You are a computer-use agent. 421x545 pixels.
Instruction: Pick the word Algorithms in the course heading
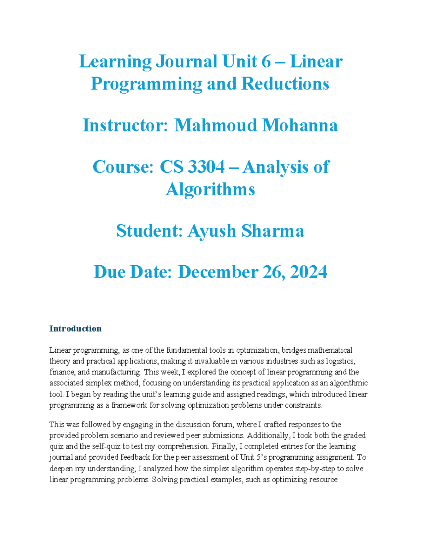(210, 190)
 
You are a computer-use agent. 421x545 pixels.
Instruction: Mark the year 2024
(308, 272)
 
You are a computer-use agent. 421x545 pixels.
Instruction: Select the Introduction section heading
(75, 328)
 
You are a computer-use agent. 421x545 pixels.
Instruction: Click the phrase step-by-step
(315, 468)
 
